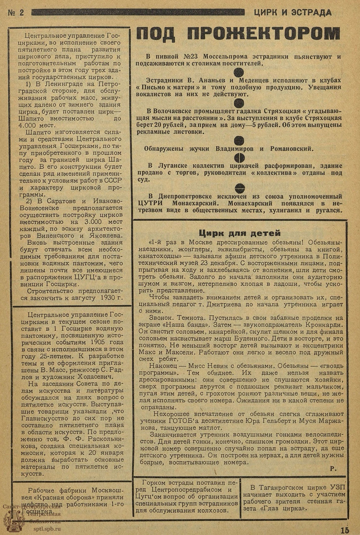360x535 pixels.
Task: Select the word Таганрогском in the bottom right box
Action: (279, 488)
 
